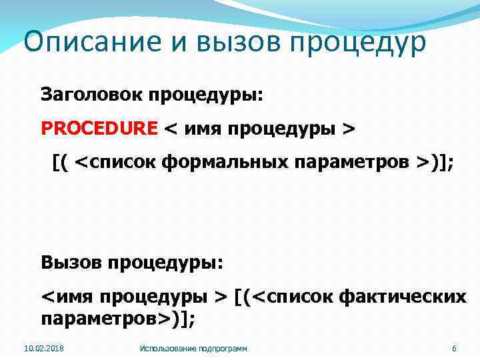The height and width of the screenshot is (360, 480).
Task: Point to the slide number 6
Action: tap(454, 349)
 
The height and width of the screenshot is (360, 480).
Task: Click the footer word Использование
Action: tap(166, 349)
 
